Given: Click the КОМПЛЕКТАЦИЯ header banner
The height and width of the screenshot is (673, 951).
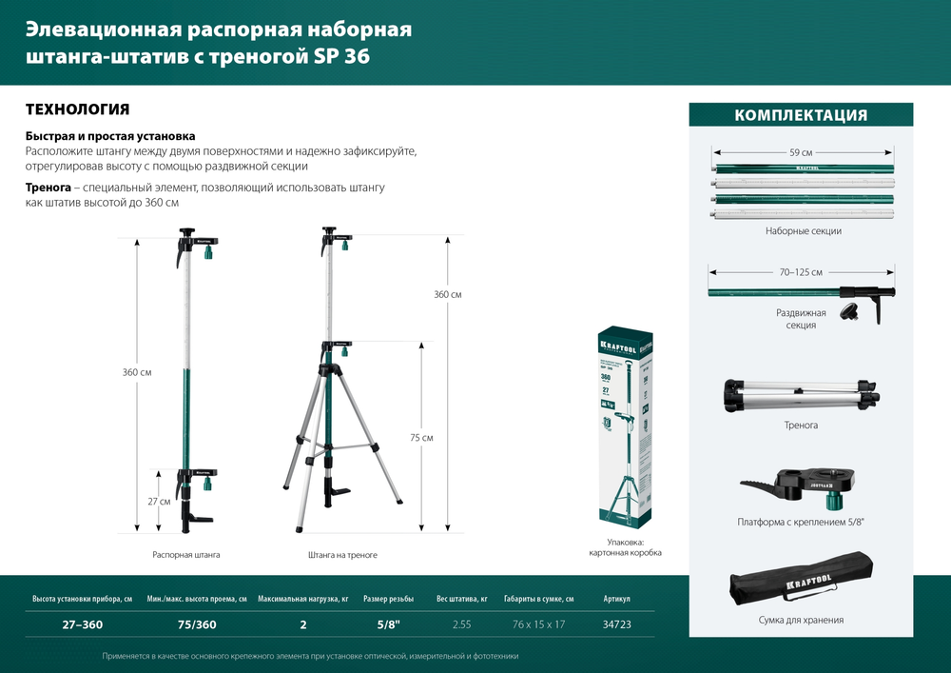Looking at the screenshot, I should pyautogui.click(x=800, y=115).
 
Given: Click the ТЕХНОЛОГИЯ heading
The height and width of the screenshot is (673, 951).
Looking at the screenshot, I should pyautogui.click(x=77, y=109).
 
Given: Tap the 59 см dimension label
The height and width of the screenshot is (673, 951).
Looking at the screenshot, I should pyautogui.click(x=801, y=152).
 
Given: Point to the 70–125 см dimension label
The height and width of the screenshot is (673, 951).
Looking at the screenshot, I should pyautogui.click(x=801, y=272).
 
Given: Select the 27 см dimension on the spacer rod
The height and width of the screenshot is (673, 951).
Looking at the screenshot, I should pyautogui.click(x=159, y=501).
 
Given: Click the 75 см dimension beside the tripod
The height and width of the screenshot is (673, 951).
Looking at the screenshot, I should pyautogui.click(x=421, y=437).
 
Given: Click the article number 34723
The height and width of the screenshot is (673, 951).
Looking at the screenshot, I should pyautogui.click(x=616, y=624).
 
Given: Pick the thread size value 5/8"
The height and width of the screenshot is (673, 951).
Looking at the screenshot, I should pyautogui.click(x=388, y=624).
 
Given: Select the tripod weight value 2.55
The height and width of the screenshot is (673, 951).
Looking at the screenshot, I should pyautogui.click(x=460, y=624).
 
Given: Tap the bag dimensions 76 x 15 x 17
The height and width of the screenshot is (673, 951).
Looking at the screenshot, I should pyautogui.click(x=538, y=624).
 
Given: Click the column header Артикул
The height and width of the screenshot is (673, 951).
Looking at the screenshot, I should pyautogui.click(x=616, y=599).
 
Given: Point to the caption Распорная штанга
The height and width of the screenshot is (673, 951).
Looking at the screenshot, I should pyautogui.click(x=179, y=554).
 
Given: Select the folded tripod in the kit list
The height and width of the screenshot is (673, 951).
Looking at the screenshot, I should pyautogui.click(x=801, y=394).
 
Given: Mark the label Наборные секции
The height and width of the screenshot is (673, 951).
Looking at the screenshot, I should pyautogui.click(x=803, y=231).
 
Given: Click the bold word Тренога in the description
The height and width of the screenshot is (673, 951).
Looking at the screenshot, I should pyautogui.click(x=47, y=188).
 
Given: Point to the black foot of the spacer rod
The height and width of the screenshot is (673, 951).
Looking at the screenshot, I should pyautogui.click(x=196, y=519).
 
